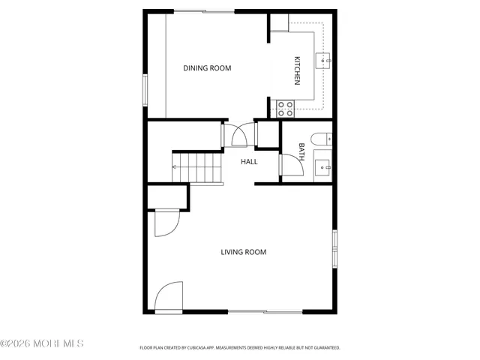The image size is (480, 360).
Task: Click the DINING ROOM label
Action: (207, 68)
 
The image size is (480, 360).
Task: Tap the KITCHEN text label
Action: (297, 70)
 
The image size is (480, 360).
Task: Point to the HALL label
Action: (249, 161)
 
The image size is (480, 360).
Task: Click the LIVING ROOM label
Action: (243, 252)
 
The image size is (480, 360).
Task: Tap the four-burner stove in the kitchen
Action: (285, 108)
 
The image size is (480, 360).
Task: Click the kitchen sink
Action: (323, 61)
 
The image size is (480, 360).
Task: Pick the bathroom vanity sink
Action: (322, 166)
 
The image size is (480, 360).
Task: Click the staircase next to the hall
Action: (199, 166)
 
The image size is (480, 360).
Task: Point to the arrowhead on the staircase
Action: (175, 167)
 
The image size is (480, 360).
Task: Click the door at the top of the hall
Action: (241, 136)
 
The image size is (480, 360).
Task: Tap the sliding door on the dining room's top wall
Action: (204, 10)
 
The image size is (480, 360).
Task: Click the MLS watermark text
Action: (42, 343)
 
